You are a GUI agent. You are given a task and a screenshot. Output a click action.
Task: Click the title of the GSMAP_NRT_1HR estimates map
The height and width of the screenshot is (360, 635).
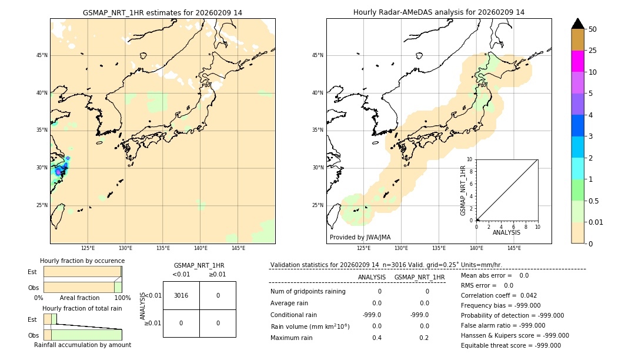pos(162,12)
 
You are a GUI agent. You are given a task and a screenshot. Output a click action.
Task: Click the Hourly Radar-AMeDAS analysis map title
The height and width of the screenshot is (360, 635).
pos(439,12)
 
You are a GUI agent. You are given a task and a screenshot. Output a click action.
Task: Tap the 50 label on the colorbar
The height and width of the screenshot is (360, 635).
pos(593,29)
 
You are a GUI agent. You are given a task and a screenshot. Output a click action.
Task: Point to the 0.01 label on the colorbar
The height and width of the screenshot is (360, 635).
pos(596,222)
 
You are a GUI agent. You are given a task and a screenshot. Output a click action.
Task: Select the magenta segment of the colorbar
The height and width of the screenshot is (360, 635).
pos(578,61)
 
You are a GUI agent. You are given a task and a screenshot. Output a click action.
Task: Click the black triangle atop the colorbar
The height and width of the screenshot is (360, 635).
pos(578,24)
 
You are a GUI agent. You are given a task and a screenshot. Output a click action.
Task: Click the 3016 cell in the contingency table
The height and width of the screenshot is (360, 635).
pos(181,295)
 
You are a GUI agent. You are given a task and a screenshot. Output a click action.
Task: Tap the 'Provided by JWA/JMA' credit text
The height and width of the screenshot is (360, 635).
pos(360,237)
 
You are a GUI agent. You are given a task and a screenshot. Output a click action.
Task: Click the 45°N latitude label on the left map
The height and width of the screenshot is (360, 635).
pos(42,55)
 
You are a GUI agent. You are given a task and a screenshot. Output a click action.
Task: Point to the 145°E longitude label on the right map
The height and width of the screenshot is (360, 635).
pos(514,248)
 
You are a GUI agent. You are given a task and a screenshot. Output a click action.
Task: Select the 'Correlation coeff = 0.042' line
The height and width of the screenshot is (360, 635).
pos(499,295)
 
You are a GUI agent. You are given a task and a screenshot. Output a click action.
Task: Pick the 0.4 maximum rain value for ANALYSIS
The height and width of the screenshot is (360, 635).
pos(376,338)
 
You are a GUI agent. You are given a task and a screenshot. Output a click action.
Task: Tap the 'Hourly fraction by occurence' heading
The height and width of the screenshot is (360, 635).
pos(82,261)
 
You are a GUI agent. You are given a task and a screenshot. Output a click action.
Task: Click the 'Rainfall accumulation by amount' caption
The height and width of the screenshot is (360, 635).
pos(82,345)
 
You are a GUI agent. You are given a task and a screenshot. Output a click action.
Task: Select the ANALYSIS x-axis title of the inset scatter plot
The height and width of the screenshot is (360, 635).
pos(506,233)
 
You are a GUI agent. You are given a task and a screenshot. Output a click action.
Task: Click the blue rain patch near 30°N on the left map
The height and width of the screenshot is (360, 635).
pos(59,171)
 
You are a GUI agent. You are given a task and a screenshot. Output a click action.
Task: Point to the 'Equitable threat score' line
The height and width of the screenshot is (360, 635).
pos(510,345)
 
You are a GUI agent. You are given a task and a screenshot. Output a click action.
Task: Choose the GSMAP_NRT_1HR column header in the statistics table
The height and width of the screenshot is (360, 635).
pos(419,277)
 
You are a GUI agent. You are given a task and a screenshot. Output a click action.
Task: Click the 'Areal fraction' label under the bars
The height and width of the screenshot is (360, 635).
pos(80,298)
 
